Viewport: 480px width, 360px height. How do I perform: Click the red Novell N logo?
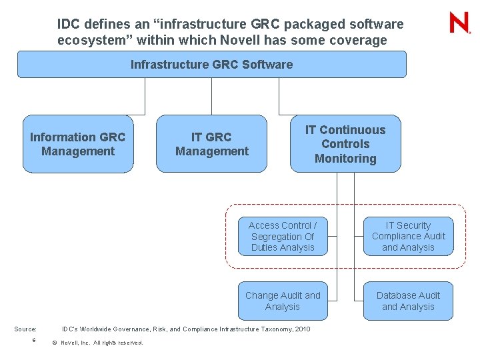459,23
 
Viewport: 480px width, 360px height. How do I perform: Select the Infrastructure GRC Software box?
211,65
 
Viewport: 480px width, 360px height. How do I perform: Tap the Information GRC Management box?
78,144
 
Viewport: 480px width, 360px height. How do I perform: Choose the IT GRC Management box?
211,144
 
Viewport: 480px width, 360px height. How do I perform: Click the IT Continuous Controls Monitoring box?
345,144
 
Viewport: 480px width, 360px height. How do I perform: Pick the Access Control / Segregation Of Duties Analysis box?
283,237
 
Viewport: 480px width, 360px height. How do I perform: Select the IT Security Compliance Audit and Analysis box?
408,237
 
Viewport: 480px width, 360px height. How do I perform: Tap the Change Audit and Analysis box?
283,301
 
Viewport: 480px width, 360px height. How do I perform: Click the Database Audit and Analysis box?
408,301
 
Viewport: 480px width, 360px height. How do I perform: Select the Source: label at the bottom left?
26,329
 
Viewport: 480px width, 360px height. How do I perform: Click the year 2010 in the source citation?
302,329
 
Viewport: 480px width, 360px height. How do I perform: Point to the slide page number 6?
33,341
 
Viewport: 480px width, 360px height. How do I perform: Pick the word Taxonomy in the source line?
273,329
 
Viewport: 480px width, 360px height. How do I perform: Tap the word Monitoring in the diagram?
345,159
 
